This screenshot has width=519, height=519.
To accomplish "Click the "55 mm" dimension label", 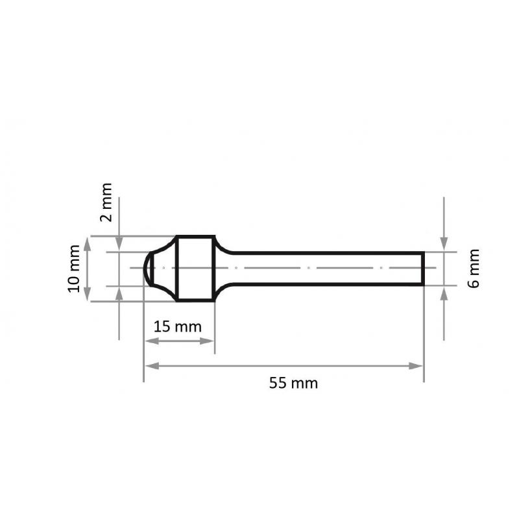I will (293, 383).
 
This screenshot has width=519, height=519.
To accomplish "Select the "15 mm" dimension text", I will (177, 326).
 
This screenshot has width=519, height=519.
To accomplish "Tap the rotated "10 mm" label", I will (75, 268).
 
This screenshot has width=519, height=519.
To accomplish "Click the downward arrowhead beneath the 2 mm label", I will (119, 245).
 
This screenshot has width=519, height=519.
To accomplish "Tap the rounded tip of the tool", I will (147, 268).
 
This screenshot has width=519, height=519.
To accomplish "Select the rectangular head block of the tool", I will (195, 268).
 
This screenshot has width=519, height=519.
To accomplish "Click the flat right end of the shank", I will (424, 268).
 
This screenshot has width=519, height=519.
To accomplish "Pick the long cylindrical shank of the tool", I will (324, 268).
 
